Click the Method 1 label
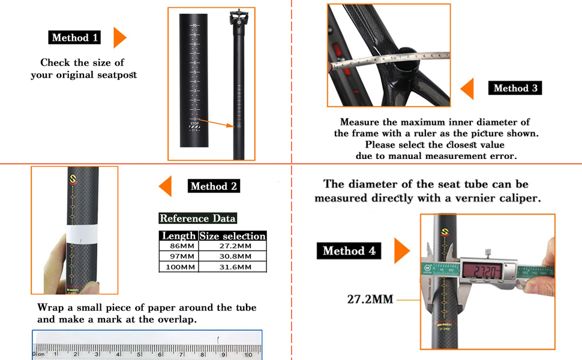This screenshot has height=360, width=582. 74,38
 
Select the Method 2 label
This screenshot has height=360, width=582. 214,186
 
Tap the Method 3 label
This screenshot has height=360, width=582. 515,88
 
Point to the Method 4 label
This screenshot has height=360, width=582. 349,251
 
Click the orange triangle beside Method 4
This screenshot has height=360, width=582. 401,251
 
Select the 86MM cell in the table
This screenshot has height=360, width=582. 178,246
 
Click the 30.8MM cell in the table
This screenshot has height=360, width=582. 232,256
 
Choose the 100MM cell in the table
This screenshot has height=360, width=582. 178,267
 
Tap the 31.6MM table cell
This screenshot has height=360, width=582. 232,267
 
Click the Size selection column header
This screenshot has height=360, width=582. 232,236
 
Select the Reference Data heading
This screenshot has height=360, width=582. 197,218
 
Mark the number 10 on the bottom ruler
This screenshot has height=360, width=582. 247,355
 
